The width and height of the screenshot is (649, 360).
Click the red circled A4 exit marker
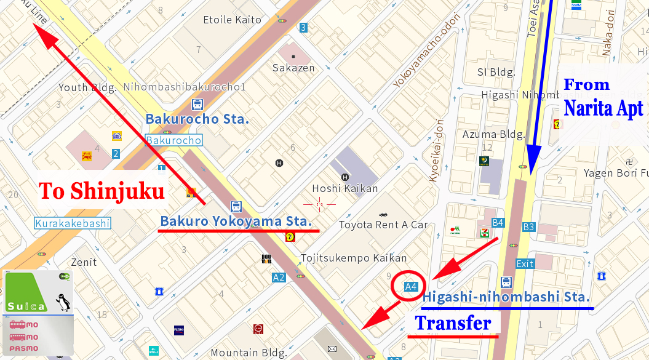pyautogui.click(x=411, y=286)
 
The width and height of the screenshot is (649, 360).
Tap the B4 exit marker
pyautogui.click(x=498, y=222)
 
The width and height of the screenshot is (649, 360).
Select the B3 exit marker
pyautogui.click(x=528, y=226)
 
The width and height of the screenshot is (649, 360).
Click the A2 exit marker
pyautogui.click(x=279, y=278)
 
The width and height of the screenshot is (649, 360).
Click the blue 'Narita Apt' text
pyautogui.click(x=603, y=108)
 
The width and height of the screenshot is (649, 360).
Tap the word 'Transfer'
pyautogui.click(x=453, y=322)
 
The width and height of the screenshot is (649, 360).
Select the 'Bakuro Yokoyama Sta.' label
pyautogui.click(x=236, y=220)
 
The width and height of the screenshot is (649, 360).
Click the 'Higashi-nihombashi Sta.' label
pyautogui.click(x=506, y=297)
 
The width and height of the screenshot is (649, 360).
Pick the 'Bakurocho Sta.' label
pyautogui.click(x=197, y=119)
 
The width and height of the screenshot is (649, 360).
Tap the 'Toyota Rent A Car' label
pyautogui.click(x=383, y=225)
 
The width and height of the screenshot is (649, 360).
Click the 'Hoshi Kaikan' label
pyautogui.click(x=344, y=188)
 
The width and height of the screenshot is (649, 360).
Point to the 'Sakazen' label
pyautogui.click(x=293, y=68)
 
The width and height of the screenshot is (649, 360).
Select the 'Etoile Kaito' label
pyautogui.click(x=232, y=20)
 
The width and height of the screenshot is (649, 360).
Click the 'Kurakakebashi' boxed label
pyautogui.click(x=73, y=223)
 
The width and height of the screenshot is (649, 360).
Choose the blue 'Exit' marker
pyautogui.click(x=525, y=263)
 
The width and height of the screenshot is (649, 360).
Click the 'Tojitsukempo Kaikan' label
pyautogui.click(x=354, y=258)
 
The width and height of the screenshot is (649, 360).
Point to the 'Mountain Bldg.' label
pyautogui.click(x=249, y=353)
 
